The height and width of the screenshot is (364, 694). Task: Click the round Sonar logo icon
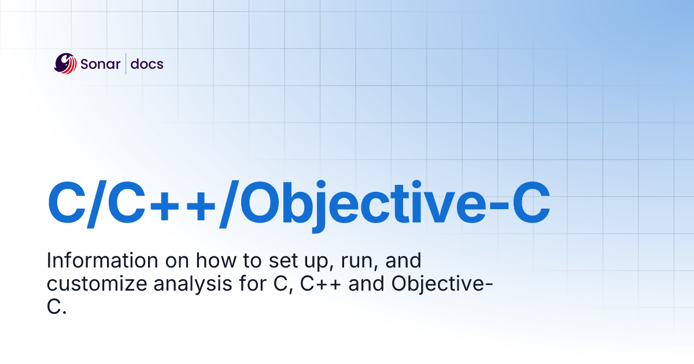tap(65, 64)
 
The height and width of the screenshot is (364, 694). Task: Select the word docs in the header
tap(147, 64)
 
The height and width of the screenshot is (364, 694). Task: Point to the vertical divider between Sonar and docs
tap(125, 64)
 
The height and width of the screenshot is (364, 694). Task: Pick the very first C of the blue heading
tap(66, 204)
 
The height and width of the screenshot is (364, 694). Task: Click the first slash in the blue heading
tap(98, 204)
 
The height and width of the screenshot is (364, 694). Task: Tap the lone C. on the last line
tap(57, 307)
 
